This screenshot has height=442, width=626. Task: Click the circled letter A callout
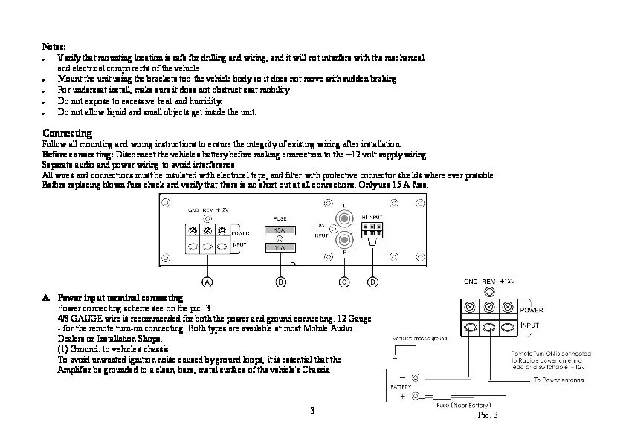click(207, 282)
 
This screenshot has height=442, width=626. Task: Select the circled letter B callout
click(280, 282)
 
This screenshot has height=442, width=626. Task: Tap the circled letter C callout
click(343, 282)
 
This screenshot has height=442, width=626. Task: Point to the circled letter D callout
click(372, 282)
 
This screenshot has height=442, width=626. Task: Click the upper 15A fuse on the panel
click(280, 231)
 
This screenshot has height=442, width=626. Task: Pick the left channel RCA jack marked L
click(343, 218)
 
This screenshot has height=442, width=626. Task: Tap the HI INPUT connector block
click(372, 230)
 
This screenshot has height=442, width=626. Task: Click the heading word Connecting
click(67, 133)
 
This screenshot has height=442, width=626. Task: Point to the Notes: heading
click(54, 46)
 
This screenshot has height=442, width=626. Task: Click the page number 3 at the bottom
click(313, 410)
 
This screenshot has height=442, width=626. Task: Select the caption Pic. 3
click(487, 415)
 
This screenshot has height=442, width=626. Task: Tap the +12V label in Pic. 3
click(508, 282)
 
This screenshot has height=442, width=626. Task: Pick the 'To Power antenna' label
click(558, 380)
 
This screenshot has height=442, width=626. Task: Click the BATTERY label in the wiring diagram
click(401, 387)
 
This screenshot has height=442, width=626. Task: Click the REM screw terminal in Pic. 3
click(488, 307)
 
